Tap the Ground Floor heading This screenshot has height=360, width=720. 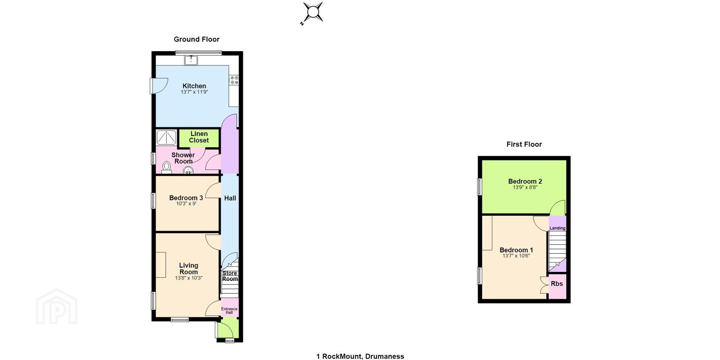pyautogui.click(x=196, y=39)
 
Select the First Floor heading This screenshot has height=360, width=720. pyautogui.click(x=524, y=144)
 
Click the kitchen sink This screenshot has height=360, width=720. pyautogui.click(x=191, y=60)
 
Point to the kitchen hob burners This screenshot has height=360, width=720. pyautogui.click(x=234, y=80)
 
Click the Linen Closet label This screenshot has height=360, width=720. pyautogui.click(x=199, y=137)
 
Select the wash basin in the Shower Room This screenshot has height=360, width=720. pyautogui.click(x=188, y=171)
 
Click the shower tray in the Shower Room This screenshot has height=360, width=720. pyautogui.click(x=166, y=138)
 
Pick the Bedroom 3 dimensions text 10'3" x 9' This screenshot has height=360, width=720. pyautogui.click(x=186, y=204)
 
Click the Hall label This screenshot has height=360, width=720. pyautogui.click(x=230, y=198)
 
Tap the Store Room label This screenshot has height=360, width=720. pyautogui.click(x=230, y=276)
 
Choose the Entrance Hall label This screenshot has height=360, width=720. pyautogui.click(x=229, y=311)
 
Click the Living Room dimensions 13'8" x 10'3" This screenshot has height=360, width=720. pyautogui.click(x=189, y=278)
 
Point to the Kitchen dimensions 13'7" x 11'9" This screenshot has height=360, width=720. pyautogui.click(x=194, y=92)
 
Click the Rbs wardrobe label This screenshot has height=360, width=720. pyautogui.click(x=557, y=284)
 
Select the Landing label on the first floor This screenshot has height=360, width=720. pyautogui.click(x=557, y=228)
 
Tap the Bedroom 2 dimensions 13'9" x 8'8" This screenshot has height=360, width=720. pyautogui.click(x=525, y=187)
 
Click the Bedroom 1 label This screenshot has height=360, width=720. pyautogui.click(x=516, y=250)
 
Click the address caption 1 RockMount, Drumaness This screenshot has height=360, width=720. pyautogui.click(x=360, y=356)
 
